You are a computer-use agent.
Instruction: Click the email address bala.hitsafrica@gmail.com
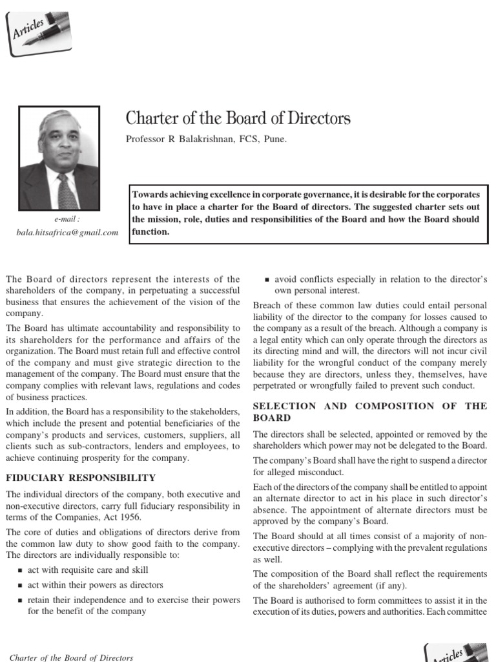[67, 232]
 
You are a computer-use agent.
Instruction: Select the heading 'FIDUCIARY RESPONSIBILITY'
[80, 478]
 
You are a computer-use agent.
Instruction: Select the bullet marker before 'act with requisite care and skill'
[20, 570]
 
